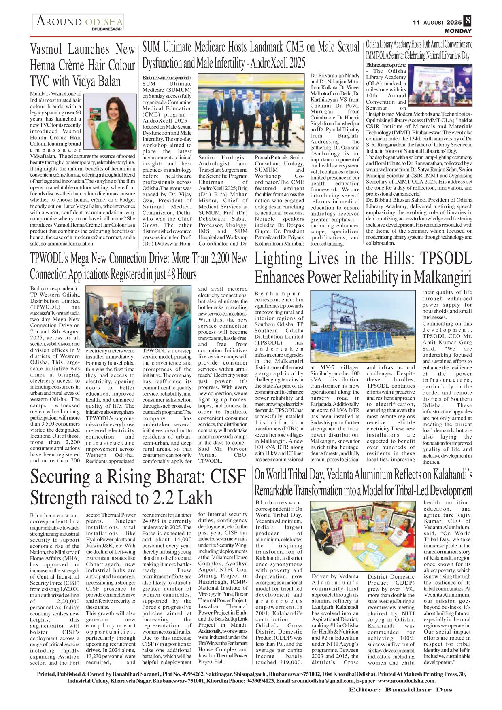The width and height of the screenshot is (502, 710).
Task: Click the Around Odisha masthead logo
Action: click(79, 21)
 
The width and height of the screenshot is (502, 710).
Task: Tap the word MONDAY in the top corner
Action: click(458, 31)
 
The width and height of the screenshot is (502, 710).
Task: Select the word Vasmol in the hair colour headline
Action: click(46, 50)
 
